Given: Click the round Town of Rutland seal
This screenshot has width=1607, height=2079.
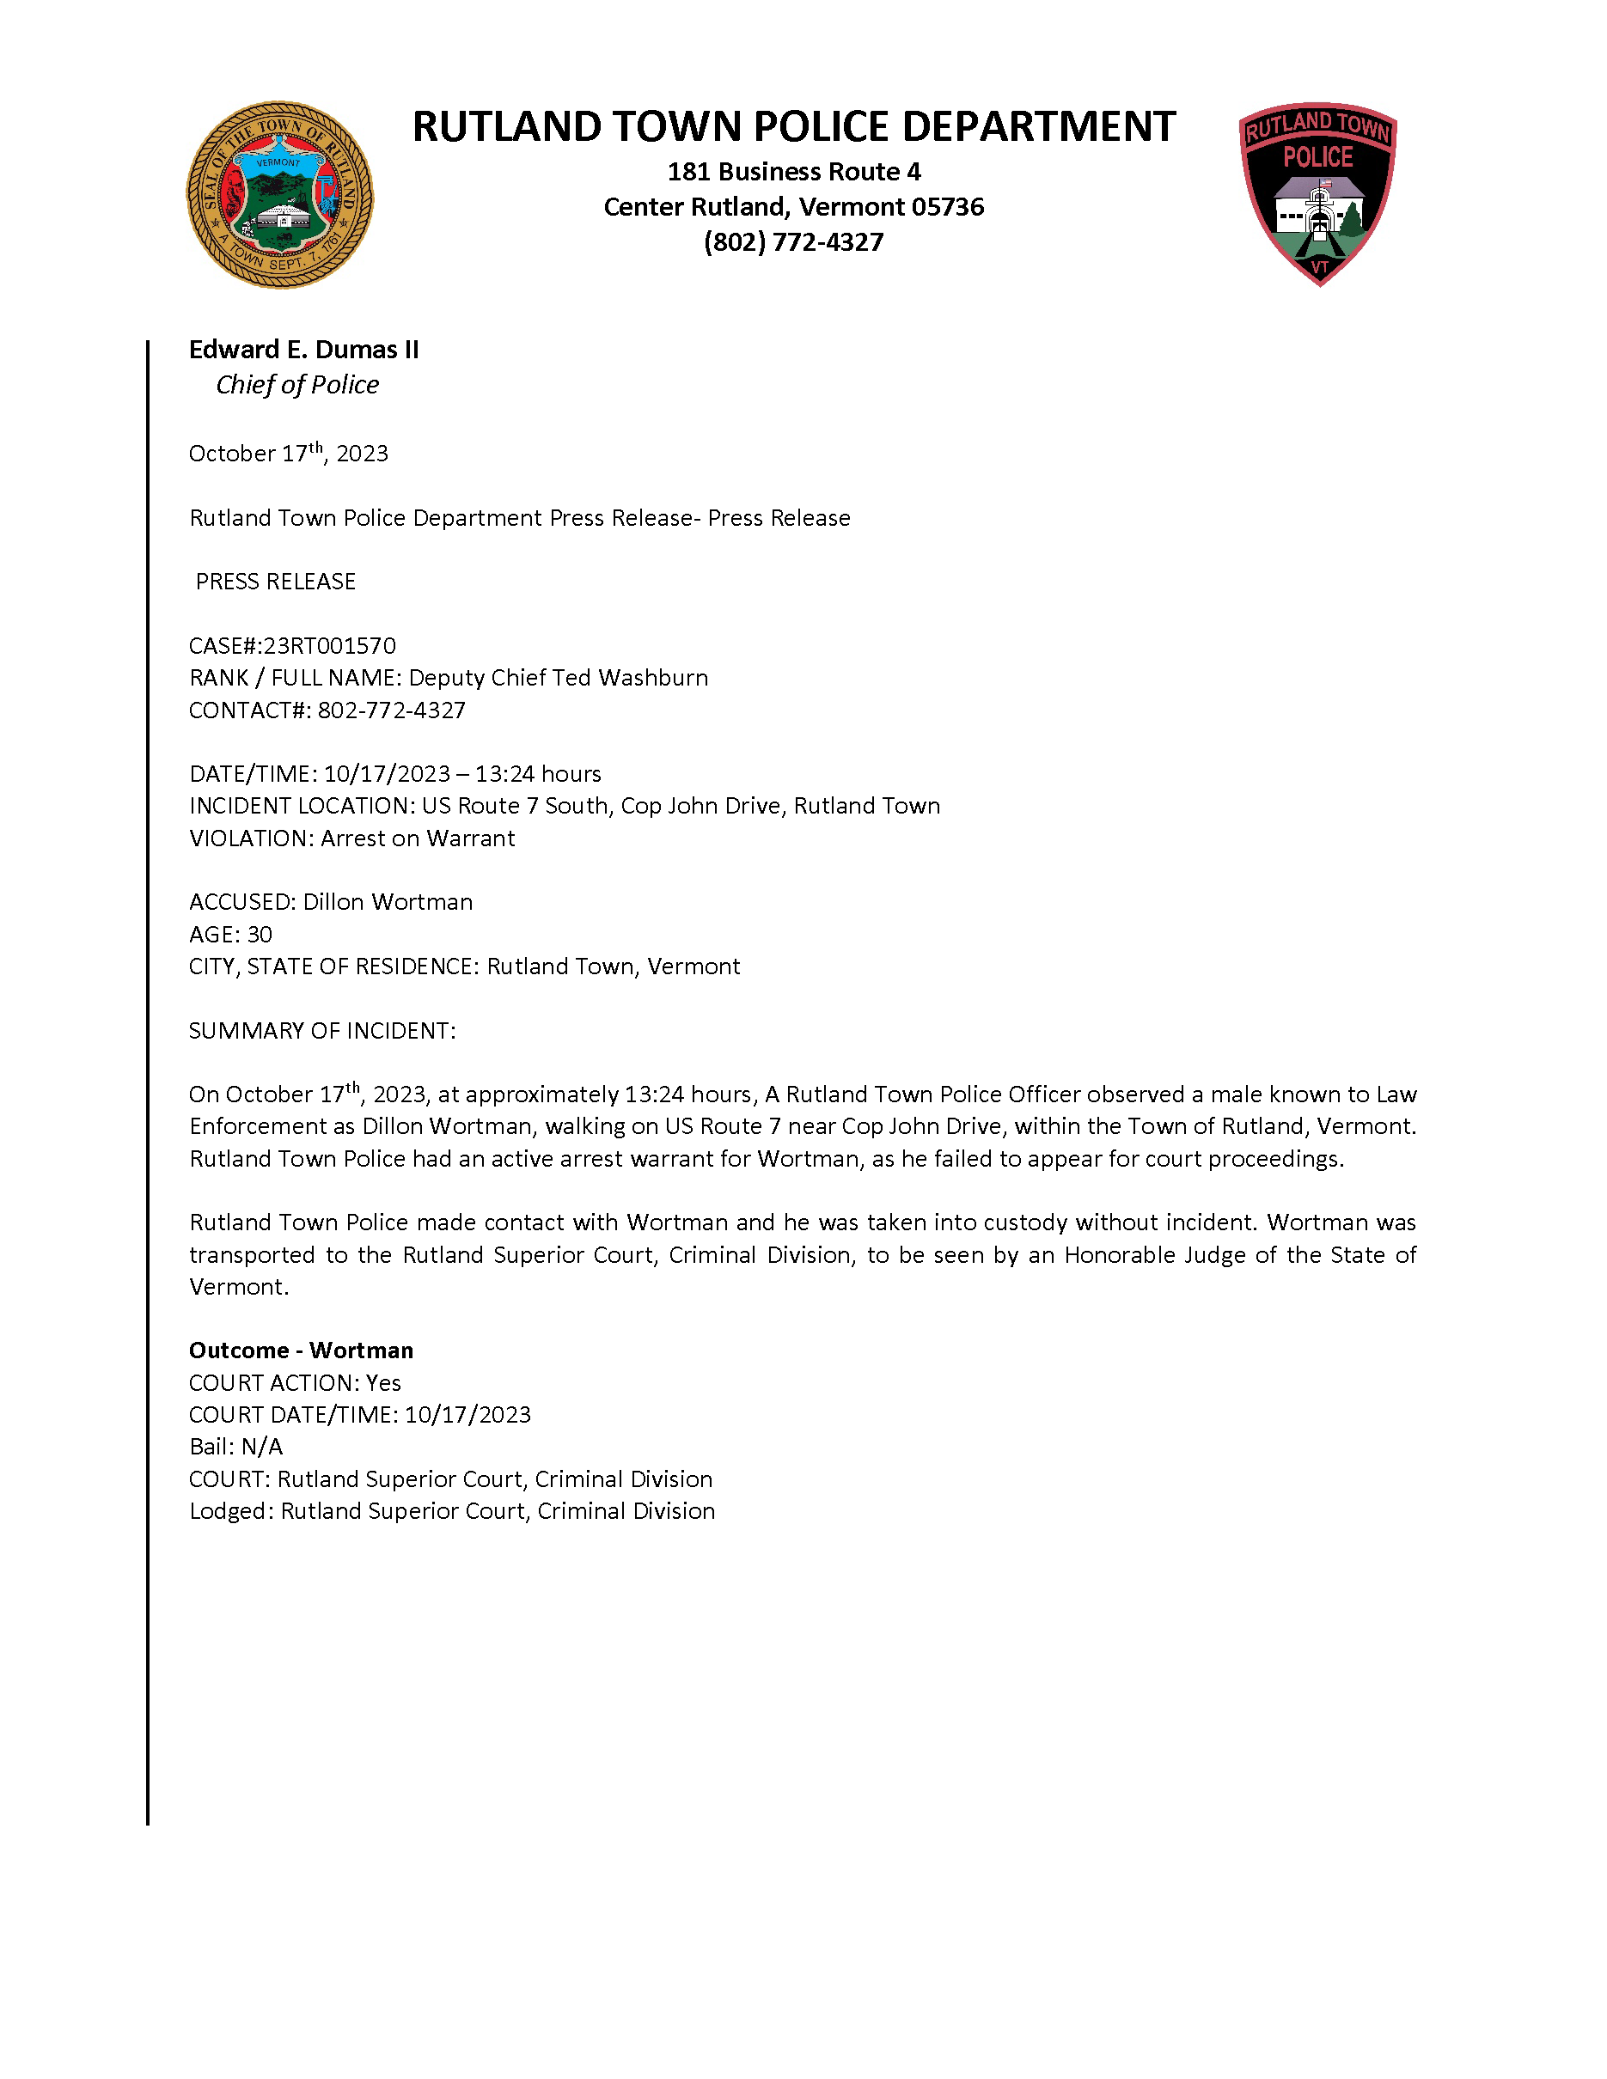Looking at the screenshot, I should coord(279,195).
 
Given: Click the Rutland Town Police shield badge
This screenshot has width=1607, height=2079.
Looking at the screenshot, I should coord(1317,193).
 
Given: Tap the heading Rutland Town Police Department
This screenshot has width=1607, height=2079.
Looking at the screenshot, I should coord(793,126).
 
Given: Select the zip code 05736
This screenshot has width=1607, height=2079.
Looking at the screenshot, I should coord(948,206).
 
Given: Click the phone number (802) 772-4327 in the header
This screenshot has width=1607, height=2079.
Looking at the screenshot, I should coord(793,241).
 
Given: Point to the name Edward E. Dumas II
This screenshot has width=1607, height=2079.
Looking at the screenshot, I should coord(303,350).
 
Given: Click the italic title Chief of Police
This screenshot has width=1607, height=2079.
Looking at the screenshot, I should coord(297,385).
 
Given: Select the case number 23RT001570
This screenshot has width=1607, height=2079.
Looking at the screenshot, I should coord(329,645).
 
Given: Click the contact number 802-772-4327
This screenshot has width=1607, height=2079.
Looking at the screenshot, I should coord(391,710).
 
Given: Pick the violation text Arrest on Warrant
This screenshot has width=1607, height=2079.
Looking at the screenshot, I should coord(417,838).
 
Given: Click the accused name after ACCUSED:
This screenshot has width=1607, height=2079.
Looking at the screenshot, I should coord(388,901).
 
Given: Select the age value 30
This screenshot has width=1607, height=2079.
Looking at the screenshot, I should coord(260,934).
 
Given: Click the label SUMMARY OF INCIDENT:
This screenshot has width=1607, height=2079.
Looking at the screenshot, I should coord(321,1031).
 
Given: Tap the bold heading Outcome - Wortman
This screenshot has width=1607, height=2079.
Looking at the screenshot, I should coord(301,1350).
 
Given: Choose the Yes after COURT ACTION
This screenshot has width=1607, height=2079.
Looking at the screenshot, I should coord(383,1382).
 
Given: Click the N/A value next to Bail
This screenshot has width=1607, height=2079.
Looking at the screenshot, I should coord(262,1447).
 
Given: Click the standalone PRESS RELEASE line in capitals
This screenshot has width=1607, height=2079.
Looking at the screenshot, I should coord(275,582).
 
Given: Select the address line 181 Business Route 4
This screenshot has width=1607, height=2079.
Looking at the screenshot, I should coord(793,171).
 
